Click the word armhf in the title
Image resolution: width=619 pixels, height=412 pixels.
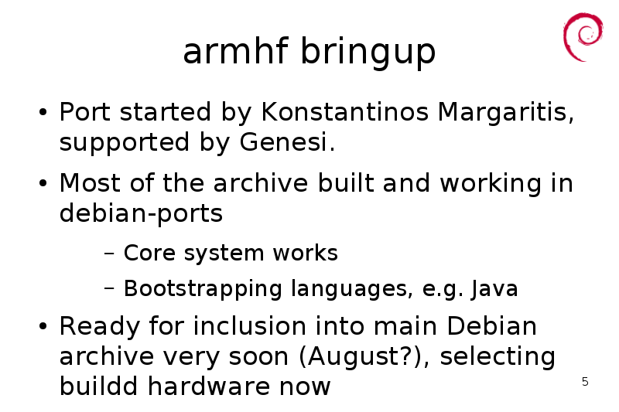(x=235, y=51)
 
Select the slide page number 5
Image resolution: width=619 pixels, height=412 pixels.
(x=585, y=382)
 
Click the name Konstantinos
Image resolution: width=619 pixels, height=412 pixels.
(x=344, y=111)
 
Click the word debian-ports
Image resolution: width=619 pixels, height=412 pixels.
(x=141, y=213)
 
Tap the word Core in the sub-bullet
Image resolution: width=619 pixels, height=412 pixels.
(x=149, y=252)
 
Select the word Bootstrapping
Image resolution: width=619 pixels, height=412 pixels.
(x=203, y=289)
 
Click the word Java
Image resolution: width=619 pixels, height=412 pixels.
(x=494, y=289)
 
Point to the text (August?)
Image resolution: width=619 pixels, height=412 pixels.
(x=361, y=357)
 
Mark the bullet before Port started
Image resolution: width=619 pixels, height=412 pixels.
(x=43, y=112)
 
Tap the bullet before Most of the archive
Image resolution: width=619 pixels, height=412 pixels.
(x=43, y=183)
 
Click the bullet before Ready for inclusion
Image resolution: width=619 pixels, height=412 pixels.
(x=43, y=326)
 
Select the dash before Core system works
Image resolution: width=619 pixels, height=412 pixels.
(x=109, y=253)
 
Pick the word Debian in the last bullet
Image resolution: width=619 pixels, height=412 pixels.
(x=491, y=326)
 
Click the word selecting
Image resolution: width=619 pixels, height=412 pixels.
(x=498, y=357)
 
